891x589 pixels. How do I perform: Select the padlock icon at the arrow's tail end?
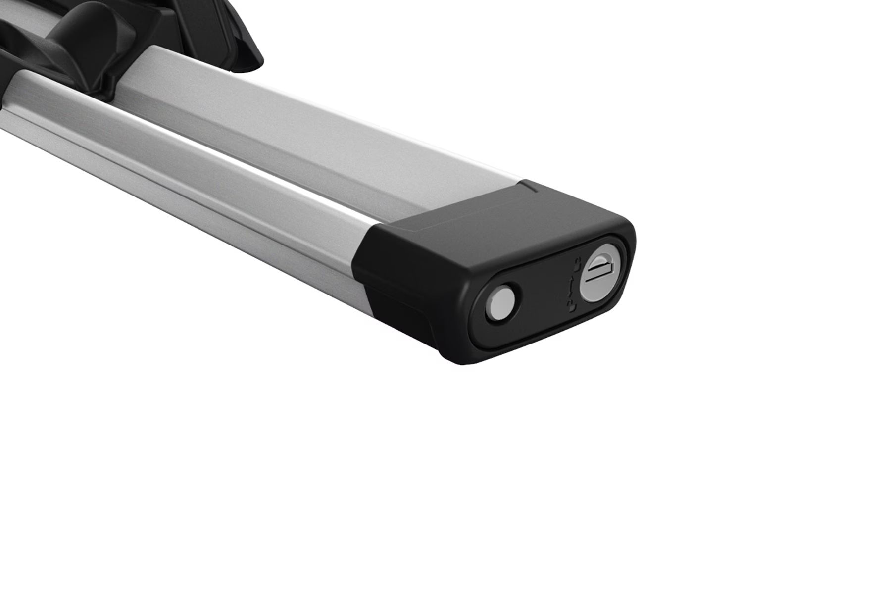(572, 307)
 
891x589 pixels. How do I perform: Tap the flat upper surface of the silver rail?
(346, 134)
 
